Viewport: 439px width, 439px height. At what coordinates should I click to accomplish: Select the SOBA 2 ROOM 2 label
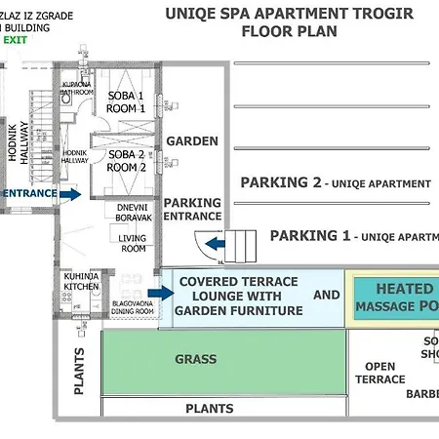point(127,161)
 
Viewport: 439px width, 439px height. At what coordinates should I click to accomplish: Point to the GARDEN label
point(192,141)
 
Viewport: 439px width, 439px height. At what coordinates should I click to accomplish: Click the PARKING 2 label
point(280,182)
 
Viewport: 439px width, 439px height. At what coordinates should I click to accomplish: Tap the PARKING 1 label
point(309,235)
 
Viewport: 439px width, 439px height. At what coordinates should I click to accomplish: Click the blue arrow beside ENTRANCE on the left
point(69,194)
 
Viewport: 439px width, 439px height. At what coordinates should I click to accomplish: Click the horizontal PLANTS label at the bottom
point(210,410)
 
